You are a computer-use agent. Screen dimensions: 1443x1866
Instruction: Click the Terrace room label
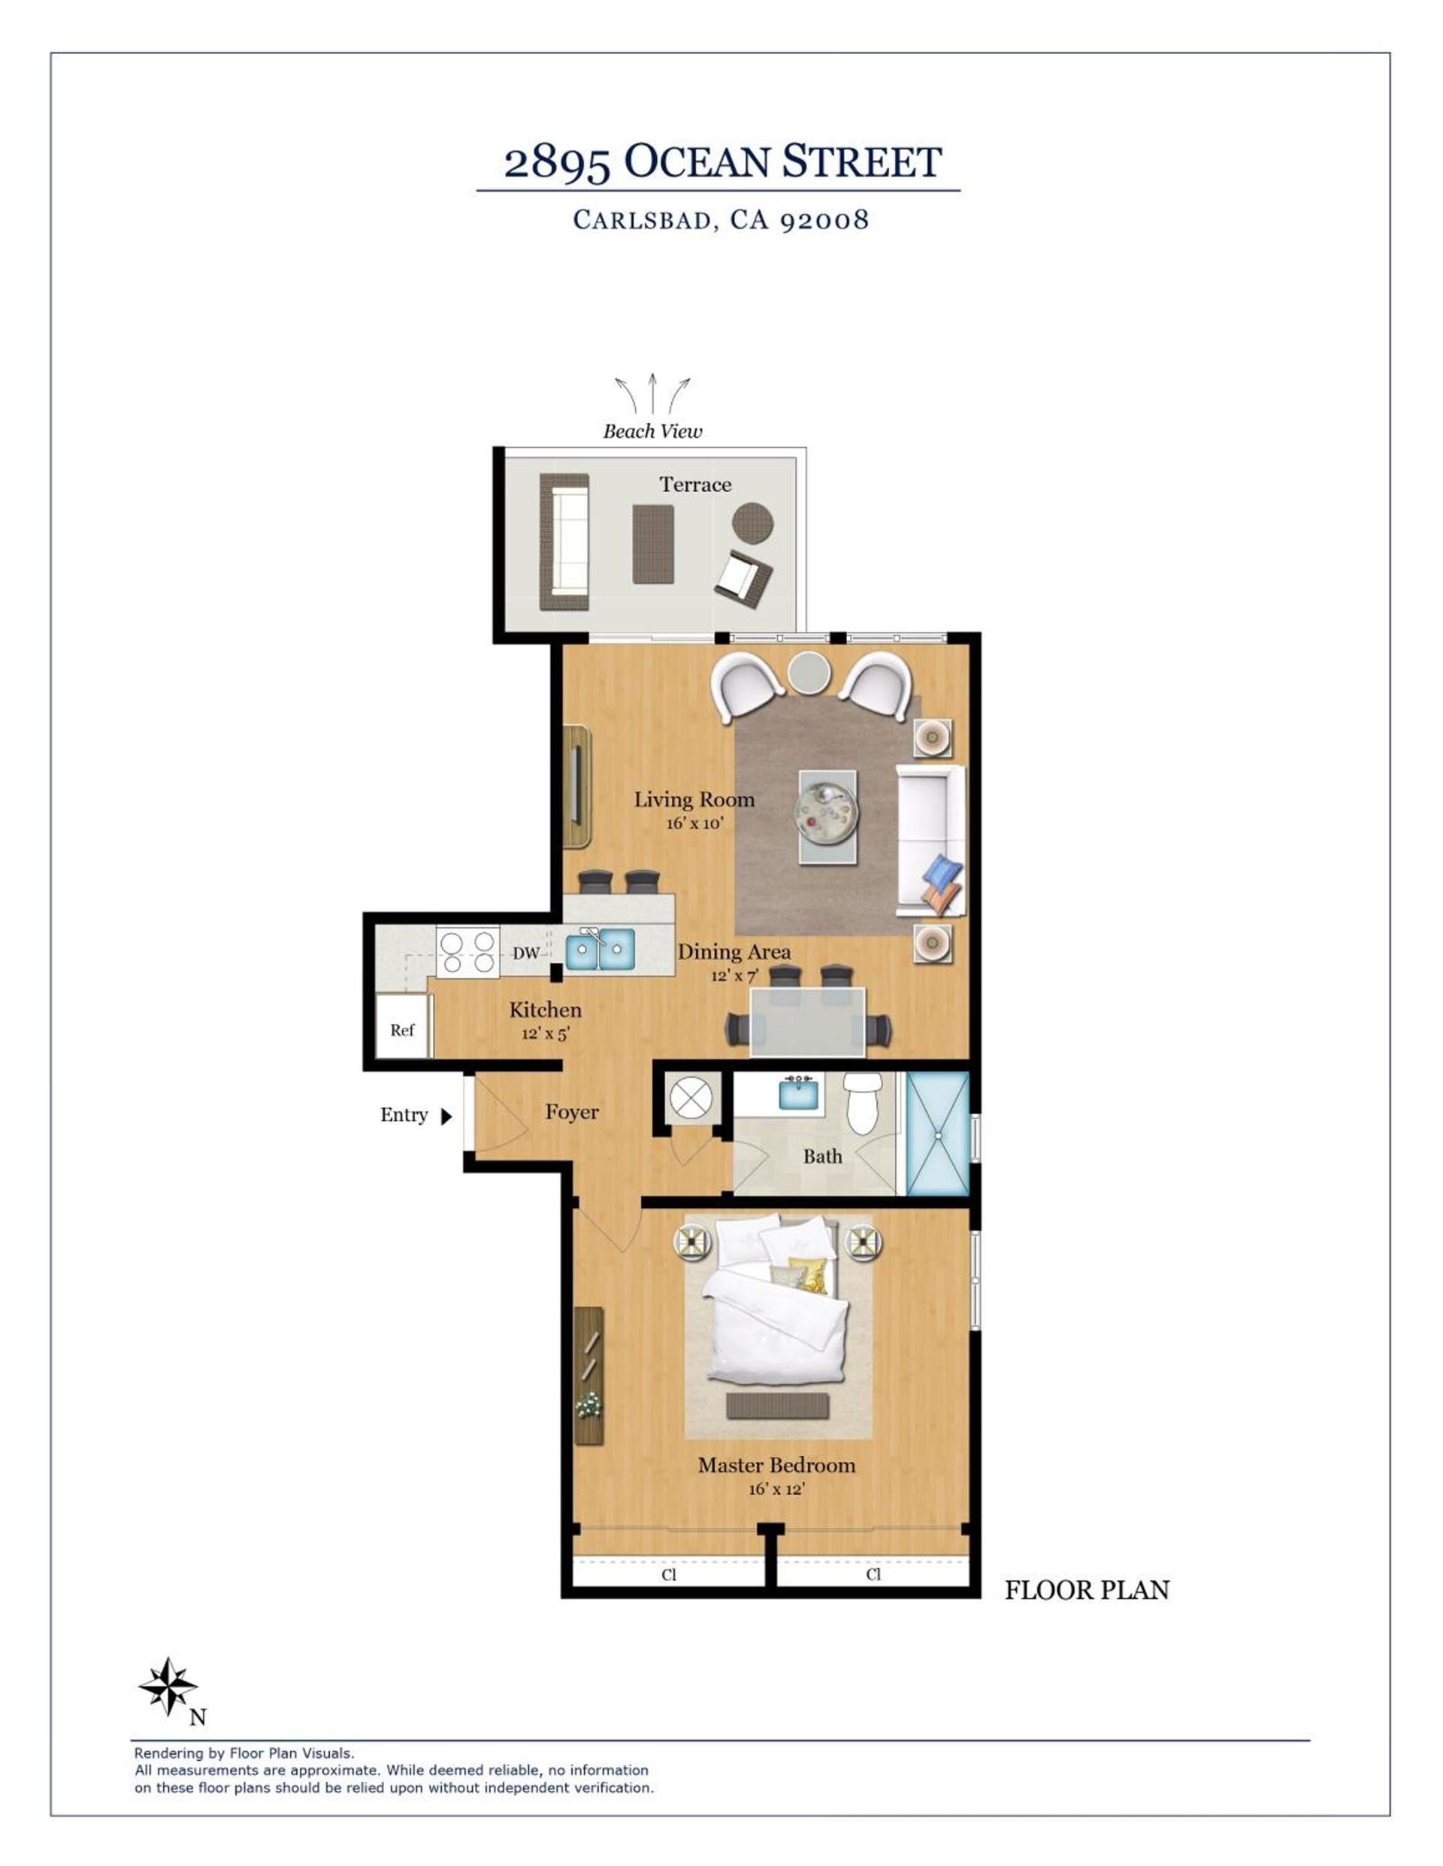pyautogui.click(x=695, y=485)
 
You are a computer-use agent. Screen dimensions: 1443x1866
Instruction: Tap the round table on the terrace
pyautogui.click(x=752, y=523)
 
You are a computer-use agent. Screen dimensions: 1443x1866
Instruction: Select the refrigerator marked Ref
pyautogui.click(x=403, y=1026)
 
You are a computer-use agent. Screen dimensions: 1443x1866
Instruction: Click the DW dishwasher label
pyautogui.click(x=526, y=953)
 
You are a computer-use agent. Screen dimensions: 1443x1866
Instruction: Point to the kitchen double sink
pyautogui.click(x=600, y=950)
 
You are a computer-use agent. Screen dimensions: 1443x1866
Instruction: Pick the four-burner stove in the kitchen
pyautogui.click(x=467, y=952)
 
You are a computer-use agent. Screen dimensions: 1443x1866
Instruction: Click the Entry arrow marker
pyautogui.click(x=446, y=1116)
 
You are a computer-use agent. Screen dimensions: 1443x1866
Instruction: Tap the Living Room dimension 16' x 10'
pyautogui.click(x=695, y=823)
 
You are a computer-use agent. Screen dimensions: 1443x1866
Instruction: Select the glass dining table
pyautogui.click(x=808, y=1022)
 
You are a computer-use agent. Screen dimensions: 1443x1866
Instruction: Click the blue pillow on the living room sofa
pyautogui.click(x=944, y=872)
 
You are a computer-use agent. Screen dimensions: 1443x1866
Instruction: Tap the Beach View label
pyautogui.click(x=652, y=431)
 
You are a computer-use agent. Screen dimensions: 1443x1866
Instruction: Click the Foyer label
pyautogui.click(x=572, y=1112)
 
